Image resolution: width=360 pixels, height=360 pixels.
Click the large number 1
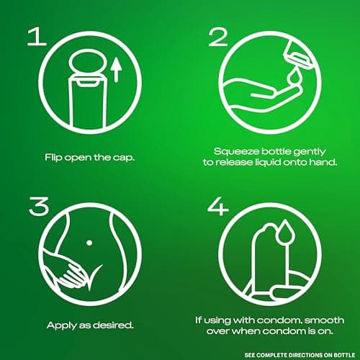37,36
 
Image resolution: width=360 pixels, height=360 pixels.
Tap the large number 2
218,37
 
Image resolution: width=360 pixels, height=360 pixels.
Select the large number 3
39,206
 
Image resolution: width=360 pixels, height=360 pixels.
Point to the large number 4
218,206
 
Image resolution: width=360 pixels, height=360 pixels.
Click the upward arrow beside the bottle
117,70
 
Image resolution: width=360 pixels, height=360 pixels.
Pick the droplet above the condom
284,230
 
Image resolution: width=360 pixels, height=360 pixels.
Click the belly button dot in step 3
89,243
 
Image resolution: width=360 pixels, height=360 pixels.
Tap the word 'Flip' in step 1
53,158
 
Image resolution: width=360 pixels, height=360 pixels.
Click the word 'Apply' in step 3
61,325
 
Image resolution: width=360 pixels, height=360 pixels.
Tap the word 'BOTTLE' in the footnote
344,355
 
